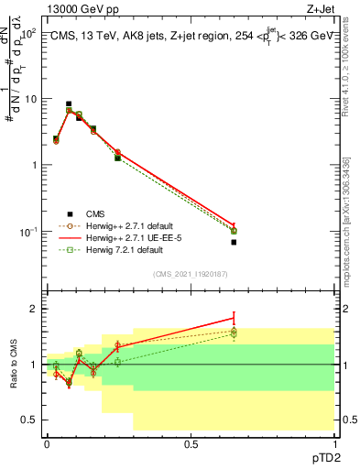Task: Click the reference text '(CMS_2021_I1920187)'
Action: click(x=191, y=272)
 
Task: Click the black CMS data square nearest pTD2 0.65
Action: click(x=234, y=242)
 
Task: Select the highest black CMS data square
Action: click(x=69, y=104)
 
